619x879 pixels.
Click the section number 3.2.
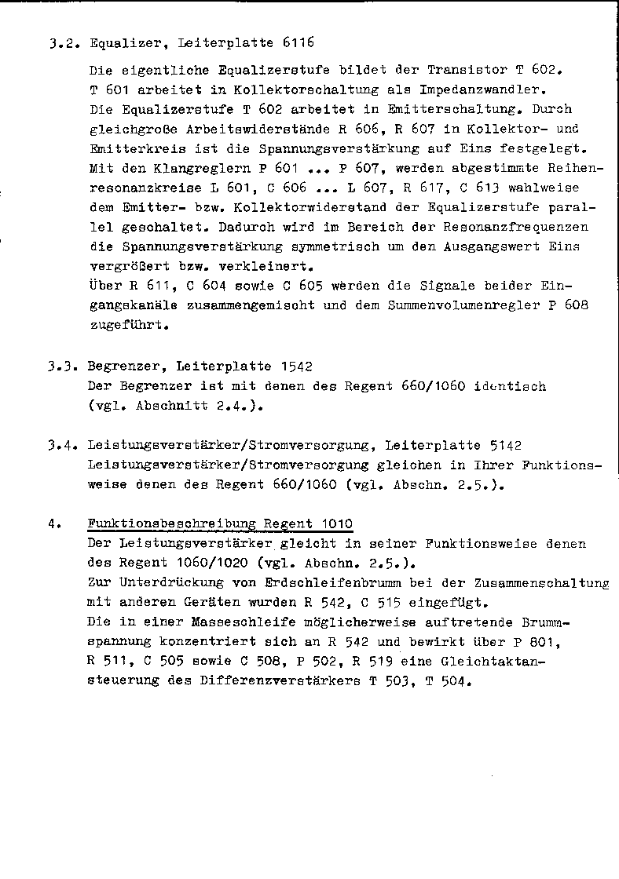[x=61, y=44]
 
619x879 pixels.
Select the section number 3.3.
[x=61, y=366]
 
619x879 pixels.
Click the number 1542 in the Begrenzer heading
[x=296, y=366]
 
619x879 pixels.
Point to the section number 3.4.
[x=61, y=446]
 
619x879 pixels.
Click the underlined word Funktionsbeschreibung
[x=170, y=524]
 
